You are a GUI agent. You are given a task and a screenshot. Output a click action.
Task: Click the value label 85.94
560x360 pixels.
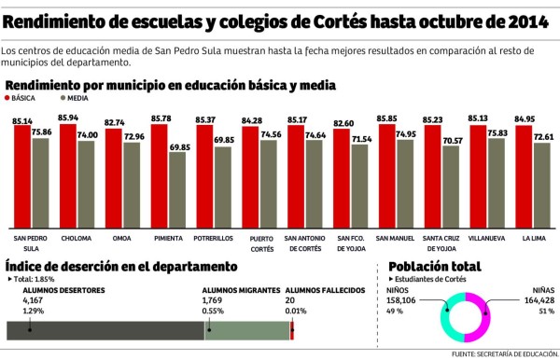point(68,118)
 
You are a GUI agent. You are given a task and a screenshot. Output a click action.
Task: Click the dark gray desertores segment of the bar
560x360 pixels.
point(103,330)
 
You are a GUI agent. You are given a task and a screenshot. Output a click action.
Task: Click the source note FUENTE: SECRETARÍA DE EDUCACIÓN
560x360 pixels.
point(503,354)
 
